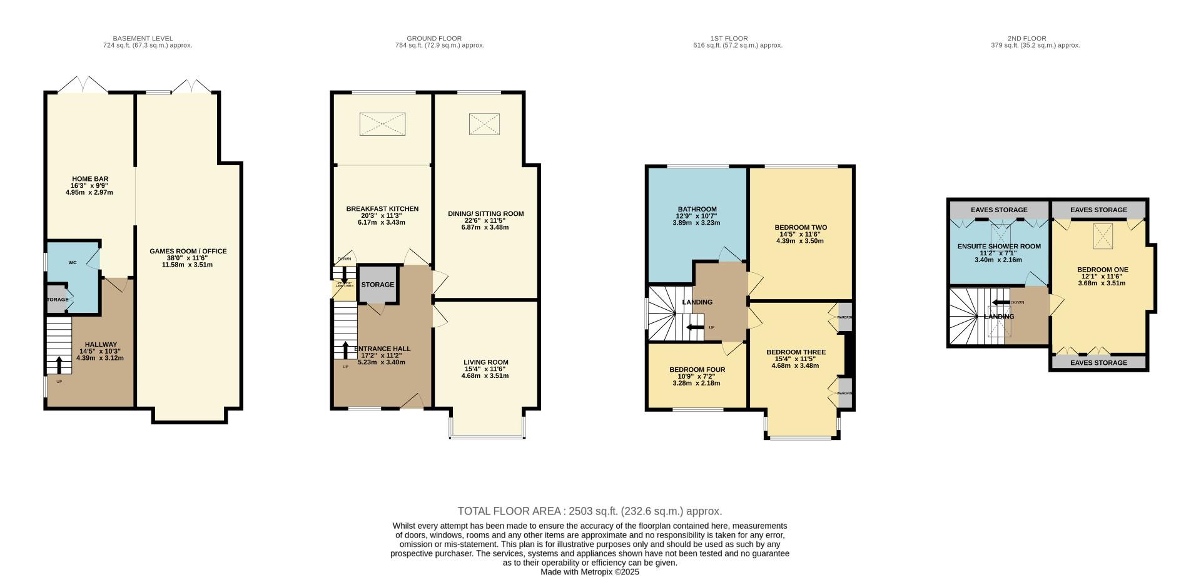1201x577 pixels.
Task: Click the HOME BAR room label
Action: coord(90,179)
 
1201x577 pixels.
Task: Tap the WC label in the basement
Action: coord(73,263)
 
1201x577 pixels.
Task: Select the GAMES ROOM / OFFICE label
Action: coord(188,252)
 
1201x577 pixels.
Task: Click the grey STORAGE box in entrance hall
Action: coord(378,285)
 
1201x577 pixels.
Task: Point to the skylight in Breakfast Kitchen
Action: coord(382,124)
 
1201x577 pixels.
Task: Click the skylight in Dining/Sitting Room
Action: coord(484,124)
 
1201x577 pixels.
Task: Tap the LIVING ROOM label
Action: coord(485,362)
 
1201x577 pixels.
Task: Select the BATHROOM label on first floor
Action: coord(697,210)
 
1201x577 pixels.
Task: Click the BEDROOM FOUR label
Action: coord(697,370)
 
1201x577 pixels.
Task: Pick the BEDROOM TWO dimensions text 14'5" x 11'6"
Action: coord(800,234)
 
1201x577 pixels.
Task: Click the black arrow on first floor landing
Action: coord(695,327)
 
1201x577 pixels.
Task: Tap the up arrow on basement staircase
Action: coord(59,364)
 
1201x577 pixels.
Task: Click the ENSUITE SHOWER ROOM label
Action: coord(999,247)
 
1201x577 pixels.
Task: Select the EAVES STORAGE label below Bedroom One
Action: coord(1098,363)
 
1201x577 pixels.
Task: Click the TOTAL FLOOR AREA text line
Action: coord(589,511)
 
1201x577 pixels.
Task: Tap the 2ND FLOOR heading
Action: coord(1035,38)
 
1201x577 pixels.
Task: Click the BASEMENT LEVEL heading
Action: coord(143,38)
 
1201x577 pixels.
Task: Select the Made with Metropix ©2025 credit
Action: coord(589,571)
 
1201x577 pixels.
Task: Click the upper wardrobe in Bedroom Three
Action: coord(844,317)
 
